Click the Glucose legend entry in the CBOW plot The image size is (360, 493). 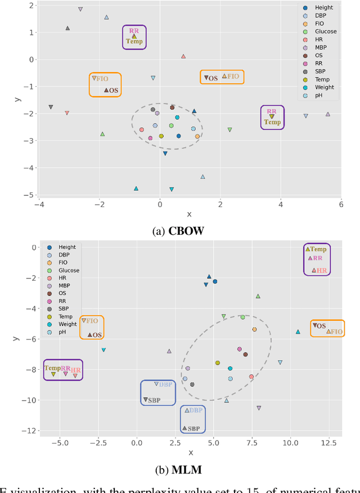[326, 32]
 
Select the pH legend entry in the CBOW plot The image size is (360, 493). [318, 95]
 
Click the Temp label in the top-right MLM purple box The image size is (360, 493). [318, 249]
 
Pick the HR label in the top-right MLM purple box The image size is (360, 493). [322, 271]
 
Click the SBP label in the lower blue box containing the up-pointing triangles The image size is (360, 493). [193, 429]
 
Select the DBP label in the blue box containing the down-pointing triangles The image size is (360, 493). [165, 384]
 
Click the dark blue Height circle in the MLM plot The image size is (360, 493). [215, 281]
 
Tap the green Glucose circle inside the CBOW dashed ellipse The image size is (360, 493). [172, 126]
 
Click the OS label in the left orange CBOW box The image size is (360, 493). [114, 90]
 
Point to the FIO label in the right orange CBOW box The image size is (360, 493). [233, 76]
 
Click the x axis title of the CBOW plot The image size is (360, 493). [189, 214]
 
